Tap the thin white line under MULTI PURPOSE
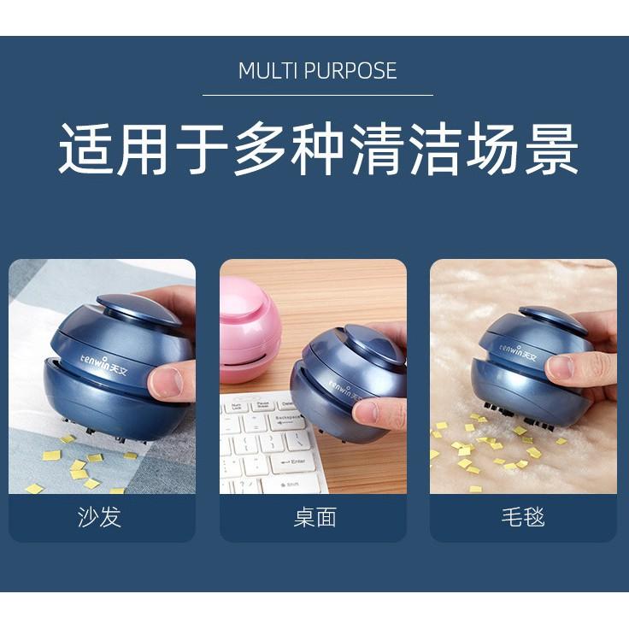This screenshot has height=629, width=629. pyautogui.click(x=317, y=95)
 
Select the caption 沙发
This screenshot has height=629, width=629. pyautogui.click(x=99, y=517)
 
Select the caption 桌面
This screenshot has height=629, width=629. pyautogui.click(x=314, y=517)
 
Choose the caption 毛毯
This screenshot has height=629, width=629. pyautogui.click(x=522, y=517)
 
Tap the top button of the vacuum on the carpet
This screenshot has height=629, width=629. pyautogui.click(x=554, y=320)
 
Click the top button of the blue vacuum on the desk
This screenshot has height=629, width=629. pyautogui.click(x=376, y=343)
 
